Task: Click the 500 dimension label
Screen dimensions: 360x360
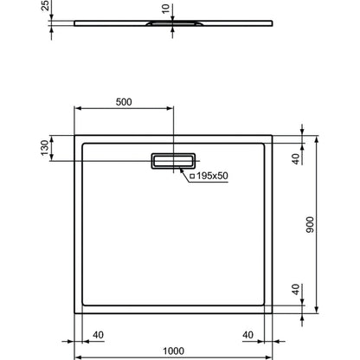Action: pos(124,102)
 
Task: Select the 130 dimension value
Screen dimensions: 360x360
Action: pos(45,148)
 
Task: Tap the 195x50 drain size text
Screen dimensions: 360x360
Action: pos(212,176)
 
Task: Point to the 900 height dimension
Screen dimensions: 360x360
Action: pos(310,225)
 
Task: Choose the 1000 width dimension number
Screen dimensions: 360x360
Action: pos(174,351)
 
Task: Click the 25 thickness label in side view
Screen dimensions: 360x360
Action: pos(46,6)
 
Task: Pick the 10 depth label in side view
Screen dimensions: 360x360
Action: pos(165,9)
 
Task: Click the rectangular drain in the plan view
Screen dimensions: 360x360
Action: pos(173,161)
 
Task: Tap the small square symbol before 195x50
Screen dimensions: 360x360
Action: pos(192,176)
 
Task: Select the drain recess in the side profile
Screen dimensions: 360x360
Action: pos(175,23)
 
